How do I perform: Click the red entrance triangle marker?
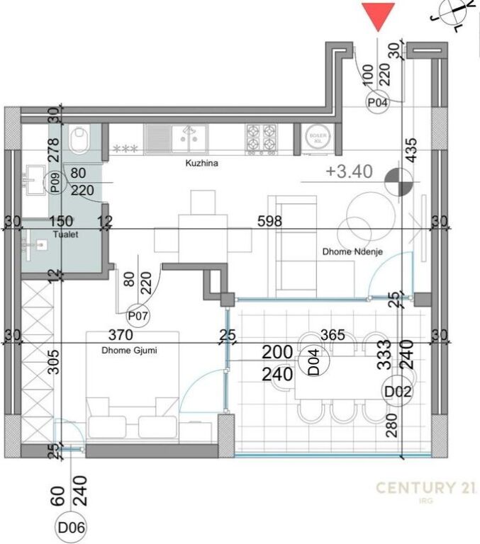click(x=379, y=15)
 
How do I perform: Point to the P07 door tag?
click(x=138, y=315)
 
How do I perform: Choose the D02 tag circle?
click(x=394, y=390)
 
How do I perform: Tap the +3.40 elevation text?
click(x=349, y=172)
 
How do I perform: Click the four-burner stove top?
click(x=261, y=139)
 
